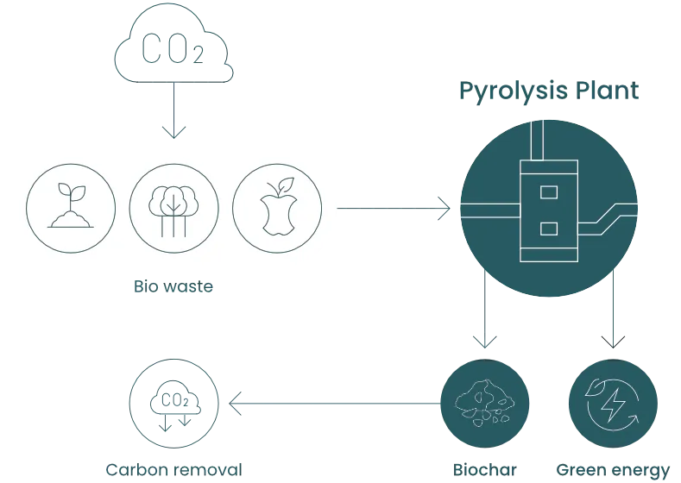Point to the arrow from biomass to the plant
(393, 210)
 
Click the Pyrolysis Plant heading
(548, 91)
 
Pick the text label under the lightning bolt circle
(614, 469)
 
